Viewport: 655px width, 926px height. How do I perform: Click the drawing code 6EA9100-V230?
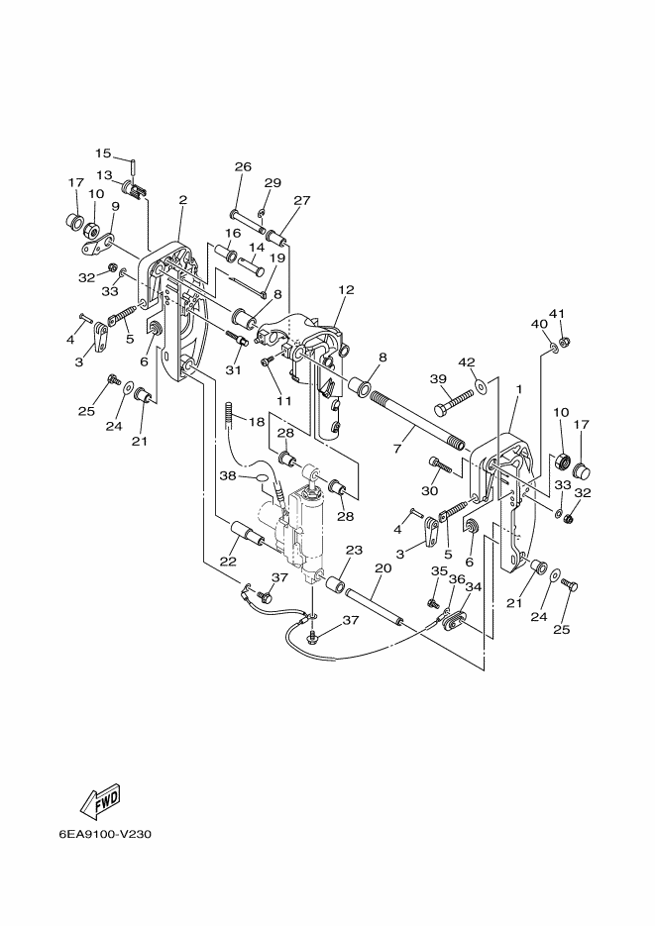point(104,835)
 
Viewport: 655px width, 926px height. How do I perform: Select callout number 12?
point(346,289)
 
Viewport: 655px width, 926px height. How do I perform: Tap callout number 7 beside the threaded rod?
point(397,449)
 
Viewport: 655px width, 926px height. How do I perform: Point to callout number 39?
point(438,378)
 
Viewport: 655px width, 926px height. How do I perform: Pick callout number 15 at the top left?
point(103,153)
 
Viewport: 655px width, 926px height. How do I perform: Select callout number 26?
point(244,166)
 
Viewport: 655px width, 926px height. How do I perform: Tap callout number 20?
point(383,567)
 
